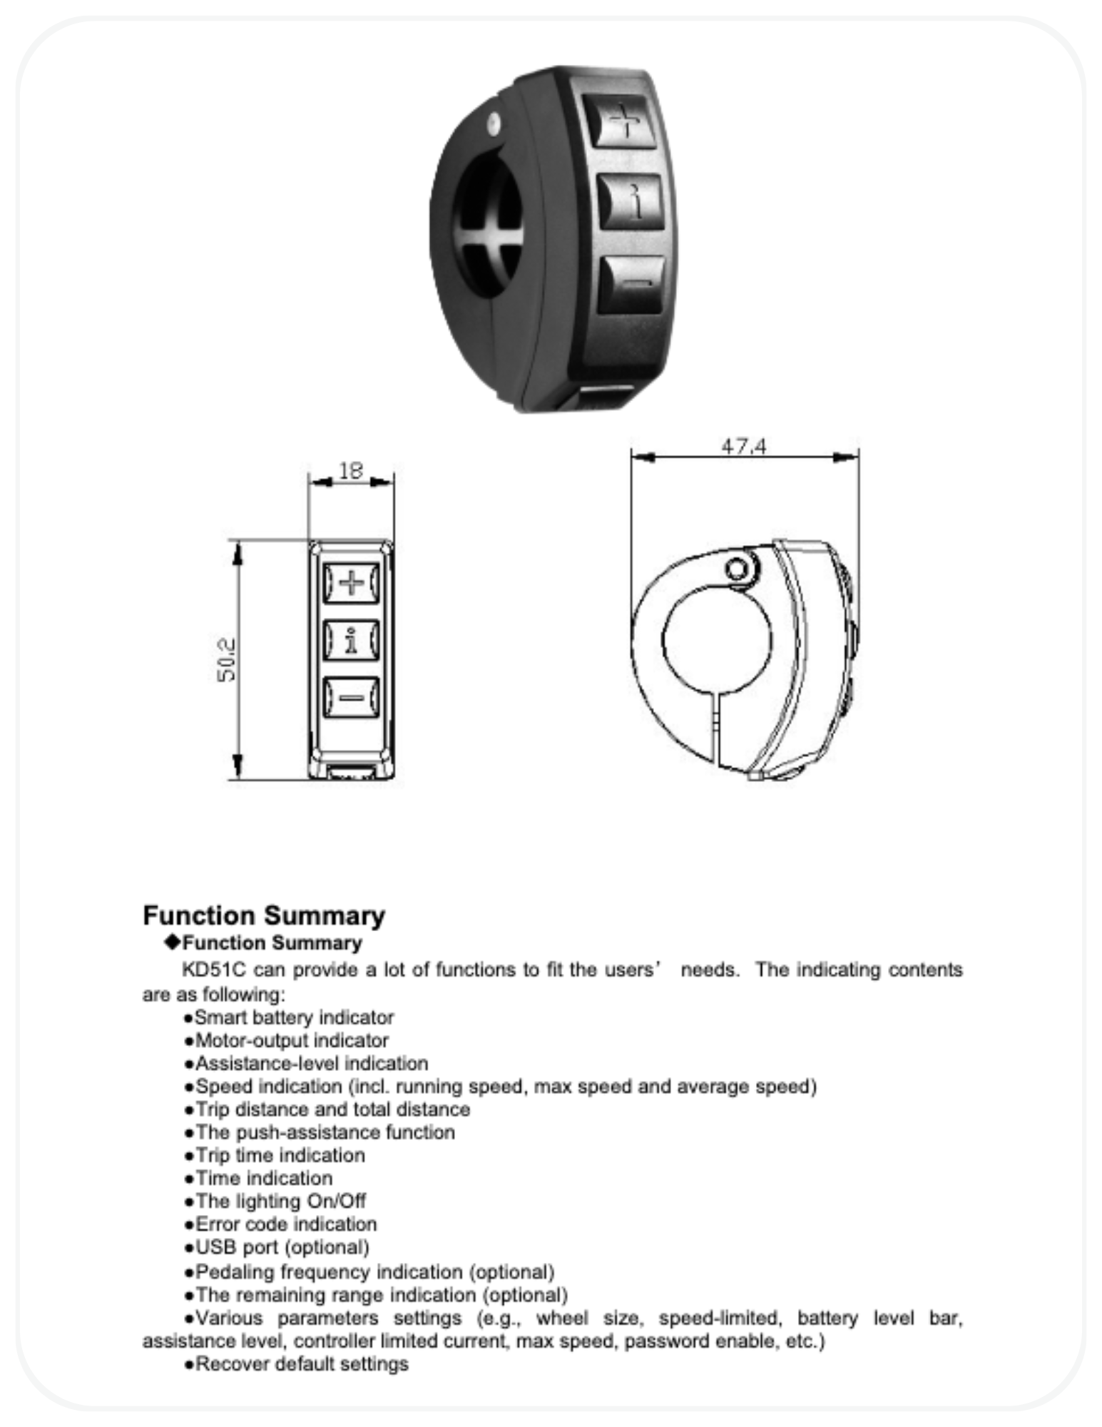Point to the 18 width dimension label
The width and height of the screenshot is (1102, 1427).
tap(351, 471)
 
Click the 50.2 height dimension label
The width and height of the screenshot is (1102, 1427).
tap(227, 659)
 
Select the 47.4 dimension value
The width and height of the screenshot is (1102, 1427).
tap(743, 447)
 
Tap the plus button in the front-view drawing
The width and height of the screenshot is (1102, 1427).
tap(351, 583)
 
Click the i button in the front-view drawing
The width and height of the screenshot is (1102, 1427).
tap(351, 640)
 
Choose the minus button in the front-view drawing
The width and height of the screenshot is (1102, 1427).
tap(351, 697)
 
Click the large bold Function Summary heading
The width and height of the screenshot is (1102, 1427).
tap(264, 915)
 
